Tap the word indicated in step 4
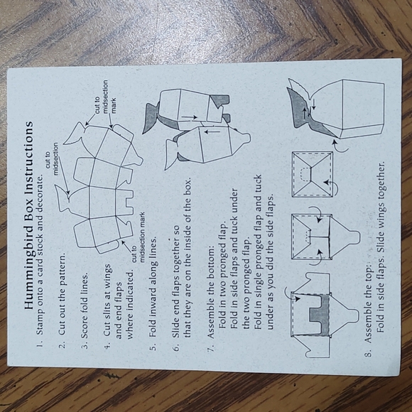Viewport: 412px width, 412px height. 131,286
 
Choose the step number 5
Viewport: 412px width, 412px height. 153,347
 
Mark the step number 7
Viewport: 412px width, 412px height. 211,346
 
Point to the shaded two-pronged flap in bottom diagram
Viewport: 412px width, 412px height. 320,315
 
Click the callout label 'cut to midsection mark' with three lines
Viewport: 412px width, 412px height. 105,97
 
